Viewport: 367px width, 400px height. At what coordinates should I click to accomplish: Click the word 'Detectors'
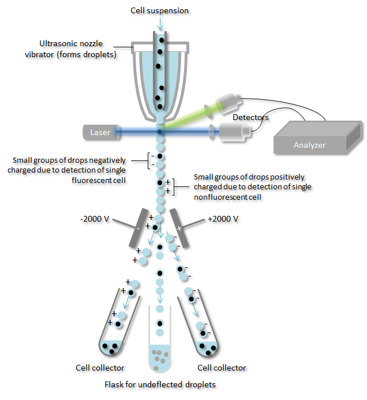pos(250,117)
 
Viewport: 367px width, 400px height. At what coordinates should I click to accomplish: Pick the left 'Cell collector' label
pos(100,368)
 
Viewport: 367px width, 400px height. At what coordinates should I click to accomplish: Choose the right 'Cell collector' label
pos(222,368)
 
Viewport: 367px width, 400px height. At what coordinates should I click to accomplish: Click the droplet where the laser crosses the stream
pos(160,132)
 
